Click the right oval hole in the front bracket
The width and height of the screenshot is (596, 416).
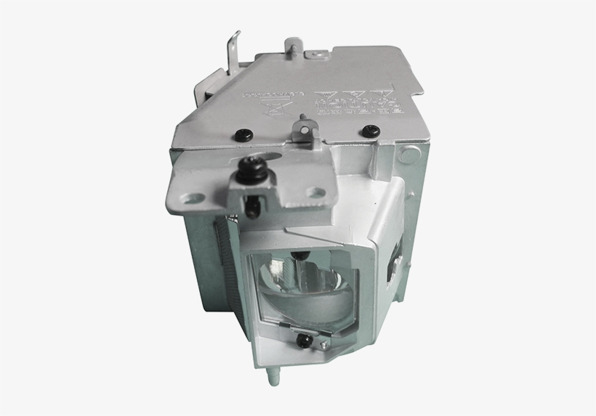[x=315, y=192]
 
